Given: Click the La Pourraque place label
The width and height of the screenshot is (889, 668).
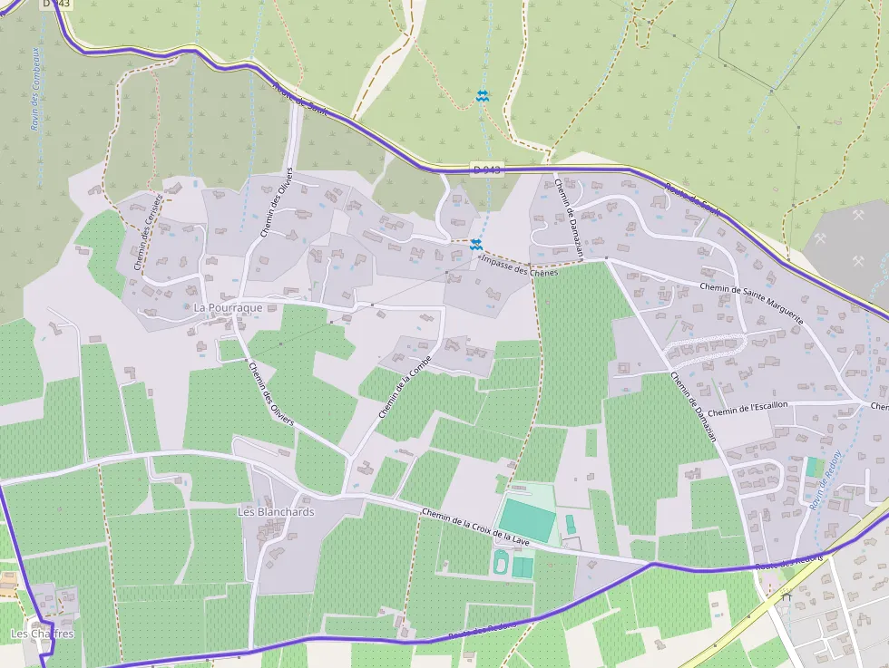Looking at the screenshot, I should click(228, 307).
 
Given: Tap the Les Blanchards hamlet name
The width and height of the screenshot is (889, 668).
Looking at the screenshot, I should click(276, 512).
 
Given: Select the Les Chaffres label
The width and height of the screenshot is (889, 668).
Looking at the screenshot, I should click(41, 634).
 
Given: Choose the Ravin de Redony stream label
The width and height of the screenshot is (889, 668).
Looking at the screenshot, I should click(825, 481).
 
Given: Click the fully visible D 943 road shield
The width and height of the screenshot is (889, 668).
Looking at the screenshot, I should click(486, 169).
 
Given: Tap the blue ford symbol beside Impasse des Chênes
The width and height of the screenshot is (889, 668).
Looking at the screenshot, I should click(475, 244).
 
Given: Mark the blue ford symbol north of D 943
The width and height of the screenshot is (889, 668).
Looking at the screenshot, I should click(483, 95).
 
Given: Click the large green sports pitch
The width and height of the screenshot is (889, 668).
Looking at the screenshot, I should click(526, 520).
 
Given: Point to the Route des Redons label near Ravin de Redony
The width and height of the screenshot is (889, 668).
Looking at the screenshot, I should click(788, 562).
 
